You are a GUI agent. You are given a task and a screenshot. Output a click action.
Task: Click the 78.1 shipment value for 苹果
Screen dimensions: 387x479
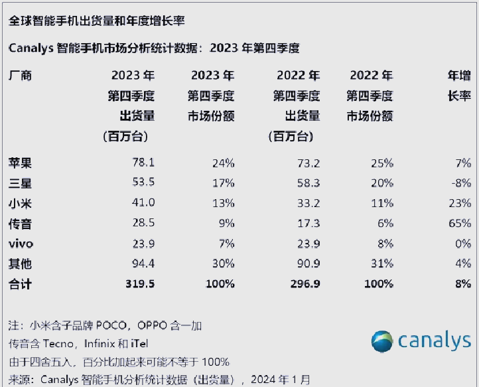[143, 163]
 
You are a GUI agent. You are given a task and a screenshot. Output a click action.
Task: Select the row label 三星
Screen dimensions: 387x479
[19, 183]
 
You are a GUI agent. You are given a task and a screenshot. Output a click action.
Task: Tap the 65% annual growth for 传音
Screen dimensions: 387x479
[460, 223]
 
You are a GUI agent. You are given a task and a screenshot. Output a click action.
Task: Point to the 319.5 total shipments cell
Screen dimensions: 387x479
[140, 283]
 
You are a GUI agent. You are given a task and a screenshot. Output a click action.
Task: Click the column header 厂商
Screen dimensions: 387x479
[19, 76]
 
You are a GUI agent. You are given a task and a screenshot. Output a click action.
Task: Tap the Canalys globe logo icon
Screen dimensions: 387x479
[382, 341]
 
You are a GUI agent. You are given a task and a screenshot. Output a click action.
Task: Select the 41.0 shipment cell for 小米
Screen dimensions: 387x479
[143, 203]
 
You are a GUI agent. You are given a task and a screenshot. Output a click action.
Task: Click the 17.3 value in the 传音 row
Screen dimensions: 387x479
[308, 223]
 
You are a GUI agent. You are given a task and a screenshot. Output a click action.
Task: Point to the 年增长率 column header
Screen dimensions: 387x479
[459, 86]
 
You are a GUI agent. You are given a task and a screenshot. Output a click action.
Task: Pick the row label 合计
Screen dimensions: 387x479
[19, 283]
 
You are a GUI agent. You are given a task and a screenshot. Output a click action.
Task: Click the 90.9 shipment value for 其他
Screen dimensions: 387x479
[308, 264]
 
